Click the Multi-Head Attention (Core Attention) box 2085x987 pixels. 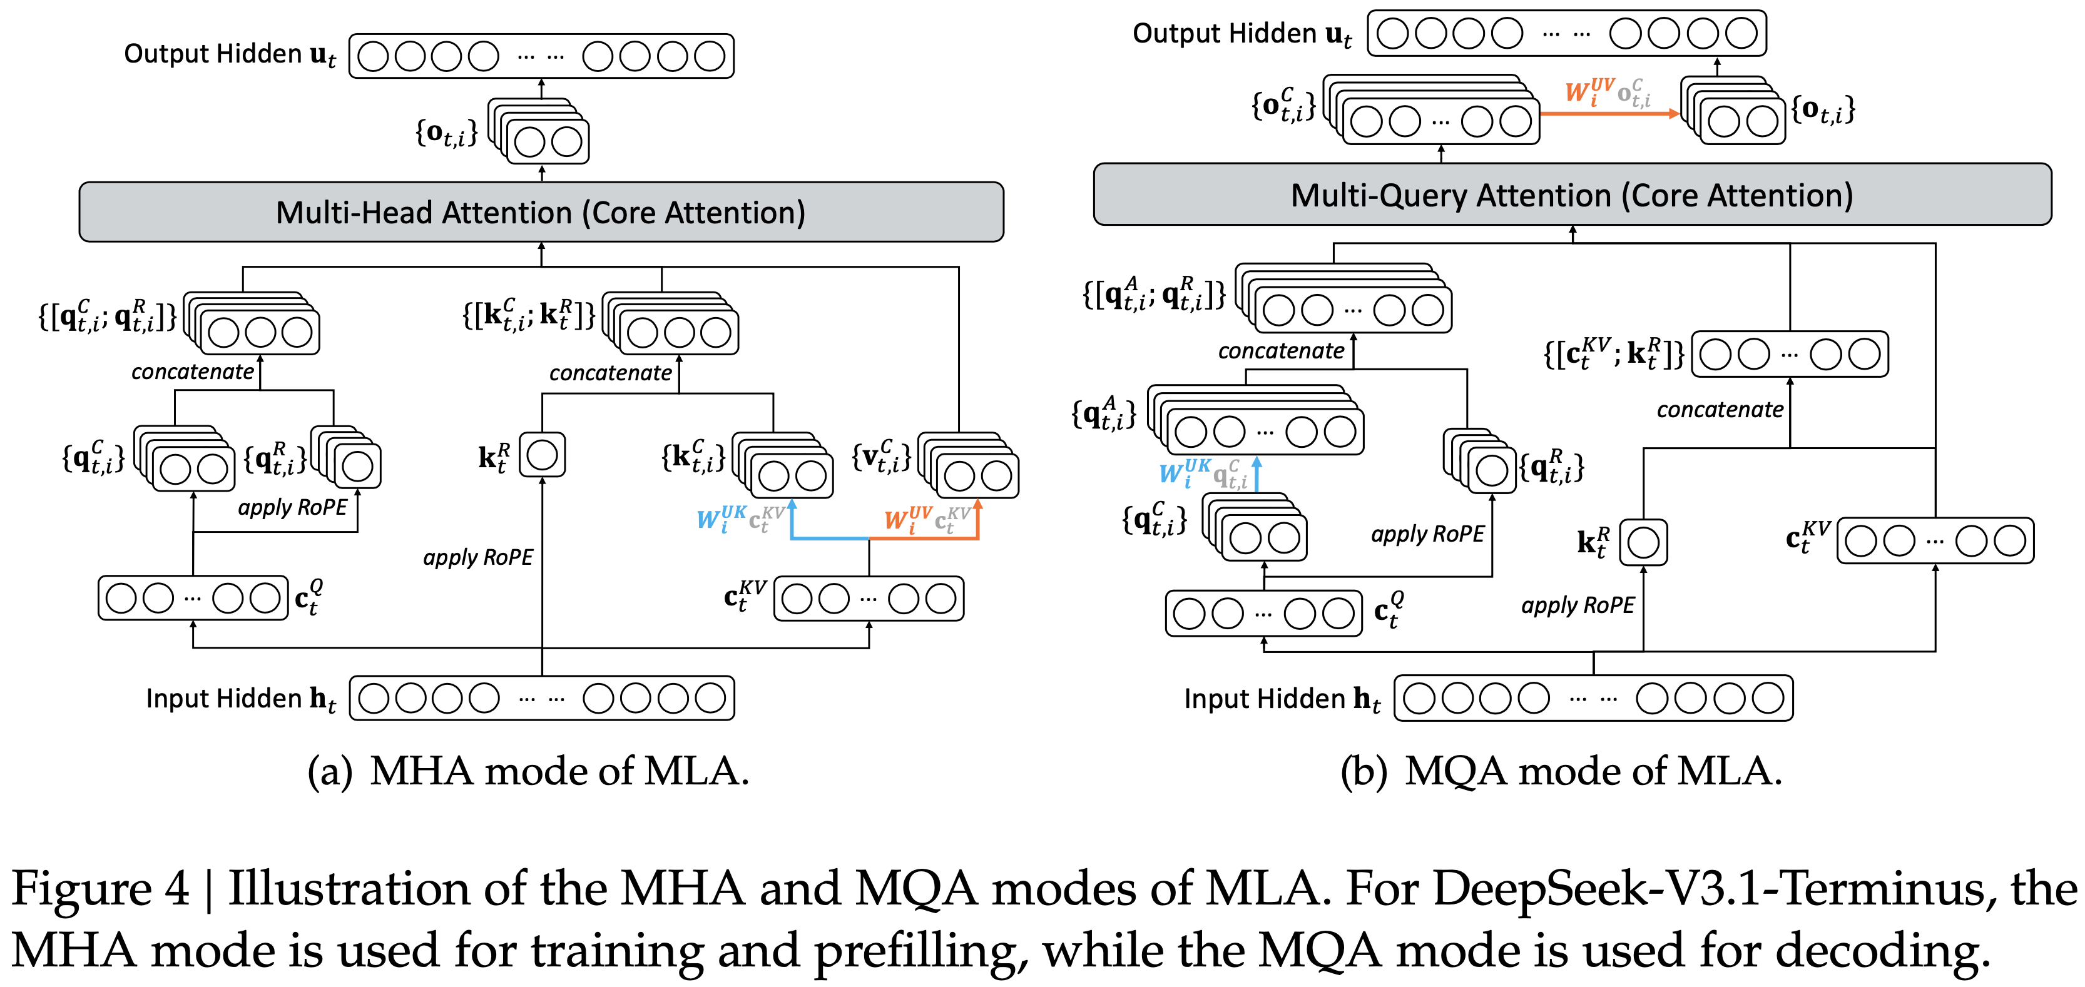(541, 212)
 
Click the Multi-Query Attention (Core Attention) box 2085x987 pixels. (1571, 195)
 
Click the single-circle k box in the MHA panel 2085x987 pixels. (541, 455)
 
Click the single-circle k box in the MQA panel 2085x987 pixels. (1643, 542)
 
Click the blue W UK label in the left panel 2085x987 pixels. (720, 518)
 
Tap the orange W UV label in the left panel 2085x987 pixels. (907, 518)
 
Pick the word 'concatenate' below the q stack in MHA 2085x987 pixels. (193, 372)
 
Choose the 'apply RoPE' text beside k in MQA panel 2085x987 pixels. (1578, 605)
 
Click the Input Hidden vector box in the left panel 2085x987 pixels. (541, 698)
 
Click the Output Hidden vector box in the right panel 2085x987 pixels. (1566, 34)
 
